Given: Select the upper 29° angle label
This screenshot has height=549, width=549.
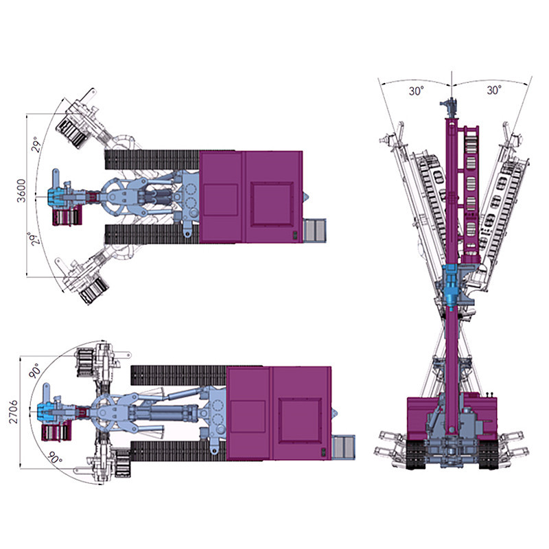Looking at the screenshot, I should tap(38, 144).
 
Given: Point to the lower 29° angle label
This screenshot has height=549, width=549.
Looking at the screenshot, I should tap(32, 241).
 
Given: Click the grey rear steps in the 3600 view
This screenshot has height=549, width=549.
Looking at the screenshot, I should tap(315, 229).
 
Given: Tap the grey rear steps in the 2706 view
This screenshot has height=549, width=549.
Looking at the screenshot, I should tap(343, 446).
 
